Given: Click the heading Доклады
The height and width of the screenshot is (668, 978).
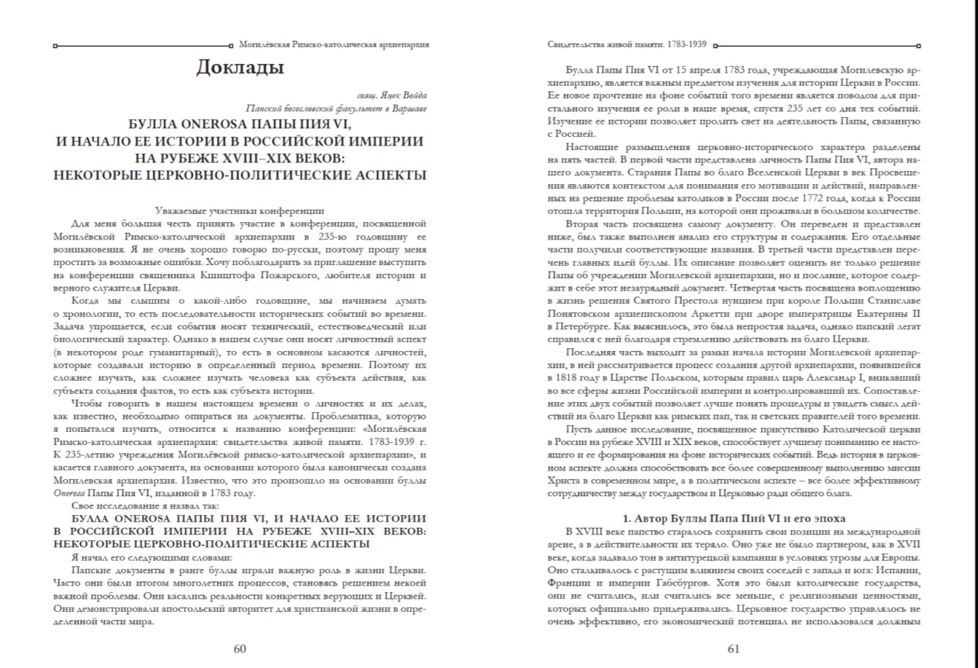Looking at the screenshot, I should pyautogui.click(x=240, y=68).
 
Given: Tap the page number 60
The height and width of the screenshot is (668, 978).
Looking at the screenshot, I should pyautogui.click(x=240, y=649).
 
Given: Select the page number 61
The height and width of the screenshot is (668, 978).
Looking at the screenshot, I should pyautogui.click(x=733, y=649).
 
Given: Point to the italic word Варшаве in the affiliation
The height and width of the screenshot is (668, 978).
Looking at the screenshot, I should pyautogui.click(x=408, y=108).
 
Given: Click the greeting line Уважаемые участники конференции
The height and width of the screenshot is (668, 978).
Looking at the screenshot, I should pyautogui.click(x=240, y=211).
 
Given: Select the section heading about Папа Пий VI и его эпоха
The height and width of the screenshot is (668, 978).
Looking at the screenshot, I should pyautogui.click(x=733, y=518).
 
